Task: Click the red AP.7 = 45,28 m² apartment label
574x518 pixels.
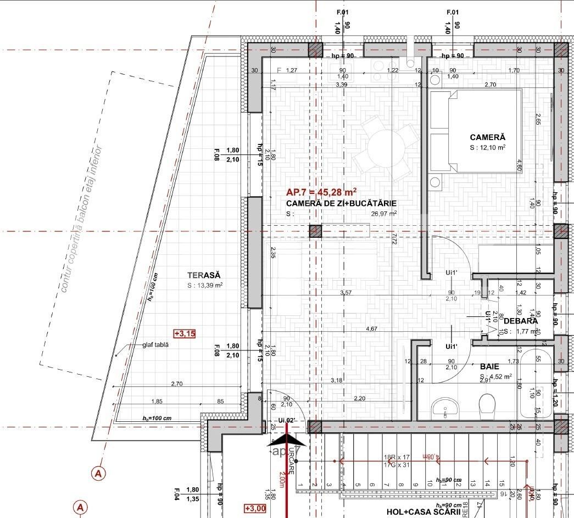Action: pyautogui.click(x=321, y=192)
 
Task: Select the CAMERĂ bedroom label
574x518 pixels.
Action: pyautogui.click(x=487, y=137)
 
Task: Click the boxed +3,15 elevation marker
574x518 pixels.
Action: pyautogui.click(x=185, y=333)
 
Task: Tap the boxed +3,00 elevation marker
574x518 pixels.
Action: pyautogui.click(x=255, y=508)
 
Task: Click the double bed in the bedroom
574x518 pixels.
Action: pyautogui.click(x=475, y=131)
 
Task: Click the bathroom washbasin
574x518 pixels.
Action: pyautogui.click(x=445, y=406)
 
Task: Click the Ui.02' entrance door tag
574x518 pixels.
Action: pyautogui.click(x=287, y=420)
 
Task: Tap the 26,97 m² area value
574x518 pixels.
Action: pyautogui.click(x=384, y=214)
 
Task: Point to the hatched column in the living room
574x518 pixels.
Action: pyautogui.click(x=315, y=231)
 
